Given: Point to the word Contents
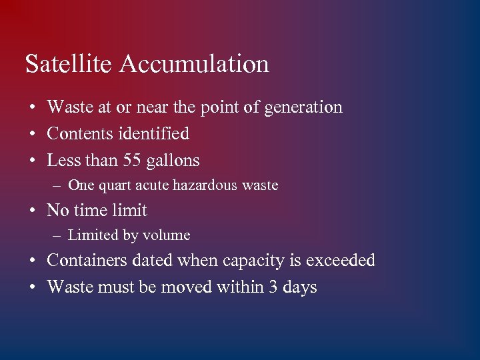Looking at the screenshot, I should tap(80, 133).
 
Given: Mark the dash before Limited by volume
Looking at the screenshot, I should tap(58, 235).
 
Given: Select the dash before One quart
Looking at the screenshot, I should tap(58, 185).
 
